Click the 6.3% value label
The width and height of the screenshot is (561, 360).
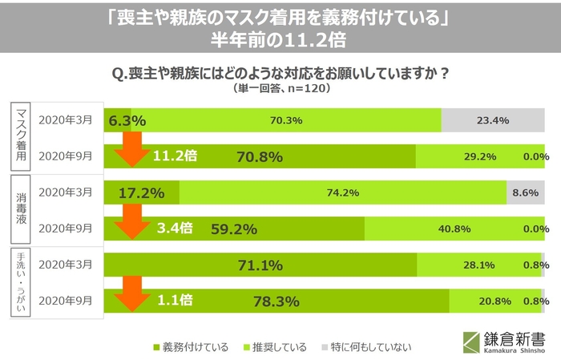[x=127, y=120]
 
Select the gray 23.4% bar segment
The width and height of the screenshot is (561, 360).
[x=493, y=120]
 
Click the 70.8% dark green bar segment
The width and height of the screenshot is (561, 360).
[x=260, y=156]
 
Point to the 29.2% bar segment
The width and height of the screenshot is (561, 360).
[x=481, y=156]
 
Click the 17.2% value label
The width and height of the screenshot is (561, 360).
[x=141, y=192]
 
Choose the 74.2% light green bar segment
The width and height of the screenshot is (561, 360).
[x=343, y=192]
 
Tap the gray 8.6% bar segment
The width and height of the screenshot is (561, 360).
[x=526, y=192]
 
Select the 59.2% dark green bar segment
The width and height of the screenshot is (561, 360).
[x=234, y=229]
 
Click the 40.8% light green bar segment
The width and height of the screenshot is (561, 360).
[x=454, y=229]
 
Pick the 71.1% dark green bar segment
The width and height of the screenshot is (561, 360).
[x=260, y=265]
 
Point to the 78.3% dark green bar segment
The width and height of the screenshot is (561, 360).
[x=276, y=301]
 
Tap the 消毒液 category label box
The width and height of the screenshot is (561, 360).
[x=22, y=210]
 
